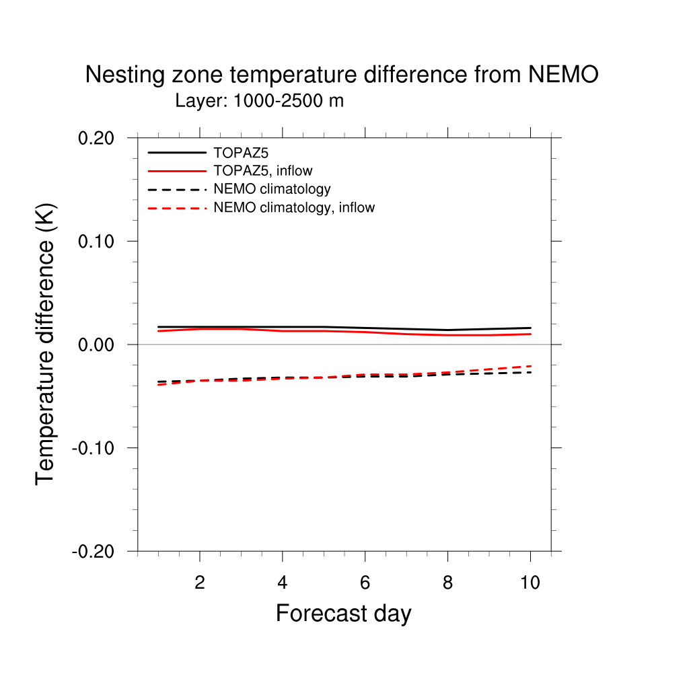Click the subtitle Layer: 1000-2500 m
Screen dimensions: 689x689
[259, 102]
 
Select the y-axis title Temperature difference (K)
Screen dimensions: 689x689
[46, 344]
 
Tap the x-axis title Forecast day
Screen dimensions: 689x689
[343, 614]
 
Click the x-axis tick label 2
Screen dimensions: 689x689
[199, 583]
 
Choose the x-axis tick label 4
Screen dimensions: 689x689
[282, 583]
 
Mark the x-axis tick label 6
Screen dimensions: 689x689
[365, 583]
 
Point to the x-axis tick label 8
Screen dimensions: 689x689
[447, 583]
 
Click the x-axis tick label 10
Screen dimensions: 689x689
[530, 583]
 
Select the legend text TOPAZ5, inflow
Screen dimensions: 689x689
[262, 171]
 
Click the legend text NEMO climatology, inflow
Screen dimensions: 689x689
[293, 208]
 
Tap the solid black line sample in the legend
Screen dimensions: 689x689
[177, 153]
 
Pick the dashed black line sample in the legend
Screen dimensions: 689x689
[177, 190]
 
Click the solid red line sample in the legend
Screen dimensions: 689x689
[177, 171]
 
